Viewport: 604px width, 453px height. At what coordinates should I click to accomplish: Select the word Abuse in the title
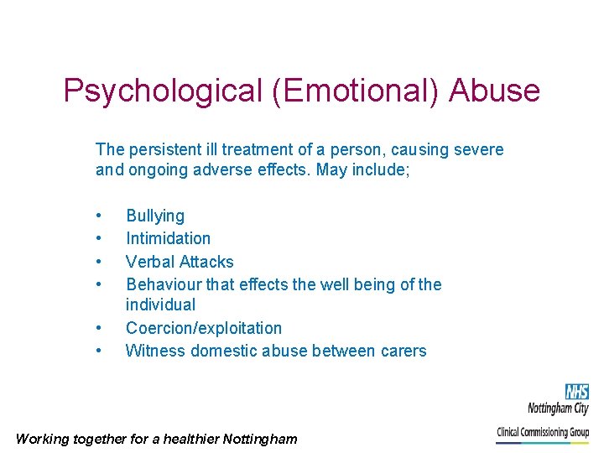pyautogui.click(x=494, y=91)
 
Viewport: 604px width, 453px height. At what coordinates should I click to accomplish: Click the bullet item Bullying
pyautogui.click(x=155, y=216)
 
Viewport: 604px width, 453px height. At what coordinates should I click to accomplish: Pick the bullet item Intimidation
pyautogui.click(x=168, y=238)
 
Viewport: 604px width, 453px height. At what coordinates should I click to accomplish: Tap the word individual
pyautogui.click(x=160, y=305)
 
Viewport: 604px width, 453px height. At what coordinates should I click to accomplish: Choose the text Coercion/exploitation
pyautogui.click(x=204, y=328)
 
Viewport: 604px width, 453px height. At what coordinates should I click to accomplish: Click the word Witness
pyautogui.click(x=155, y=351)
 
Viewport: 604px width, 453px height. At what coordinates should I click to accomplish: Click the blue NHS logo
pyautogui.click(x=576, y=391)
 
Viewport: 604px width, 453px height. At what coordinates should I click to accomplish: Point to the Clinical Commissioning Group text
pyautogui.click(x=543, y=433)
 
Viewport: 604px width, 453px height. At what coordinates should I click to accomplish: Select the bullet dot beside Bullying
pyautogui.click(x=99, y=216)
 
